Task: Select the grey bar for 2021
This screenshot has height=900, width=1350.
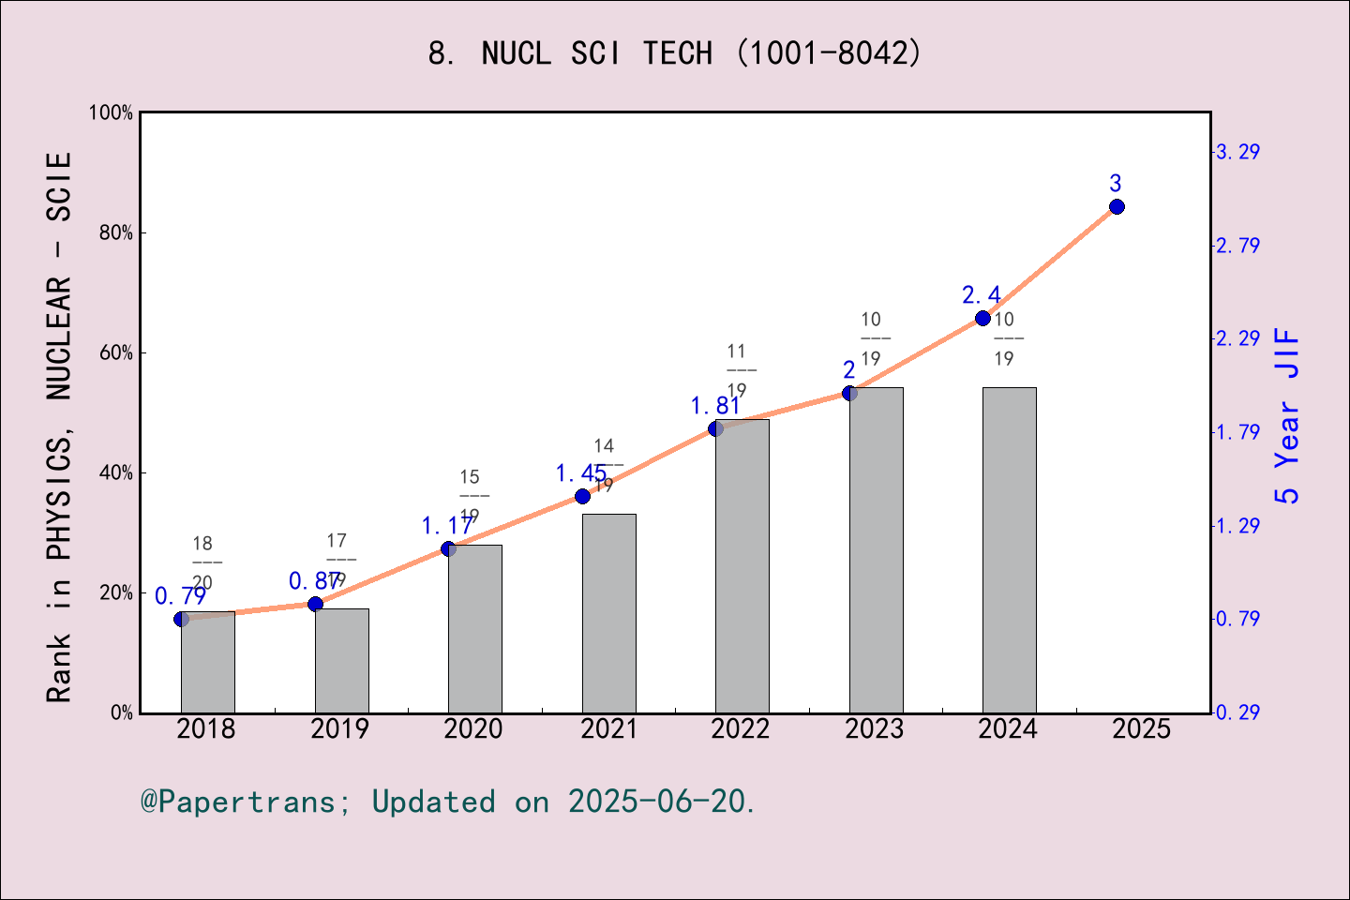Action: pyautogui.click(x=608, y=613)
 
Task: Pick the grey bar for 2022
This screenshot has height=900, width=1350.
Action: pyautogui.click(x=742, y=566)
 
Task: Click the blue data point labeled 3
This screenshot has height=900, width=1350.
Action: pyautogui.click(x=1117, y=206)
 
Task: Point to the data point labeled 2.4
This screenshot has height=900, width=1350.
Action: pyautogui.click(x=982, y=319)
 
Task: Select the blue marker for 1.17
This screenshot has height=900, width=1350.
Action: pyautogui.click(x=448, y=548)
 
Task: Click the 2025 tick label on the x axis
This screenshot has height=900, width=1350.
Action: pyautogui.click(x=1141, y=729)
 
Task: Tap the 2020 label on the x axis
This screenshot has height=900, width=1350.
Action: pyautogui.click(x=473, y=729)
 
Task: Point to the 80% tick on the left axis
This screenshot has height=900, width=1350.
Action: pyautogui.click(x=116, y=233)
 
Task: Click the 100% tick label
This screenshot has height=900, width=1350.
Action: pyautogui.click(x=112, y=112)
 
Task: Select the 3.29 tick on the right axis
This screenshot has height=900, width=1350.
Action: pyautogui.click(x=1237, y=152)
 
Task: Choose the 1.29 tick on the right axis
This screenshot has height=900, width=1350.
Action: pyautogui.click(x=1237, y=526)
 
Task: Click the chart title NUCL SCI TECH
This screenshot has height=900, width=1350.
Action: pyautogui.click(x=675, y=53)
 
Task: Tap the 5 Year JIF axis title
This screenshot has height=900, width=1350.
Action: pyautogui.click(x=1288, y=415)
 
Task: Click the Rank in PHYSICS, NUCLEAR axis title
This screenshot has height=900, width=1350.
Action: pyautogui.click(x=59, y=427)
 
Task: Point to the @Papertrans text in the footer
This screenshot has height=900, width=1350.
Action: pyautogui.click(x=238, y=802)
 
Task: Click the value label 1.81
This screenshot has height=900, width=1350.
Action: pyautogui.click(x=715, y=406)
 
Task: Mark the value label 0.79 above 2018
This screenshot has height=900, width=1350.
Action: pyautogui.click(x=180, y=596)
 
